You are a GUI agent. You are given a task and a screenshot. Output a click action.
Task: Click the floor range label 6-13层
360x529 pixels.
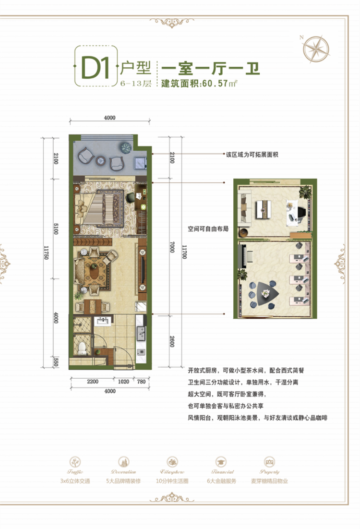click(x=135, y=83)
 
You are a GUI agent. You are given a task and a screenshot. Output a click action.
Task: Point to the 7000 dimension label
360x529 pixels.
click(x=170, y=251)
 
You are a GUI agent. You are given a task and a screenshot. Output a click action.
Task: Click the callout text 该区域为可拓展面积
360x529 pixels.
click(x=252, y=155)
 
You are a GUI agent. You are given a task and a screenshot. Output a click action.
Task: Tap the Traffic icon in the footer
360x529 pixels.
click(x=77, y=461)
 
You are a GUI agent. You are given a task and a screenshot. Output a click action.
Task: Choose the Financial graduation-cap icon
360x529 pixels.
click(x=221, y=461)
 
